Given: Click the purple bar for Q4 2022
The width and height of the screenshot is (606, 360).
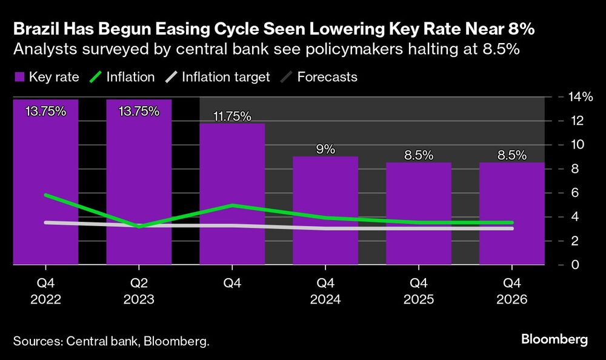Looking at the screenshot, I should pyautogui.click(x=45, y=182).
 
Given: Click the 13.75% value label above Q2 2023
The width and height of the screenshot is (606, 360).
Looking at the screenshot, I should pyautogui.click(x=139, y=111).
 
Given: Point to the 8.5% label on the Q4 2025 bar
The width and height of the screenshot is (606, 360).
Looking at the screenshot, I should pyautogui.click(x=419, y=155).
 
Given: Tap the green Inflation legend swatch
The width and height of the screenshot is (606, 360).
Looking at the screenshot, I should pyautogui.click(x=95, y=77).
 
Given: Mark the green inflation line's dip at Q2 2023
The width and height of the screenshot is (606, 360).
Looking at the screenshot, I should pyautogui.click(x=139, y=226).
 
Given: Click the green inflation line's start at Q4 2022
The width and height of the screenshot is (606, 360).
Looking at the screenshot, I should pyautogui.click(x=45, y=195).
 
